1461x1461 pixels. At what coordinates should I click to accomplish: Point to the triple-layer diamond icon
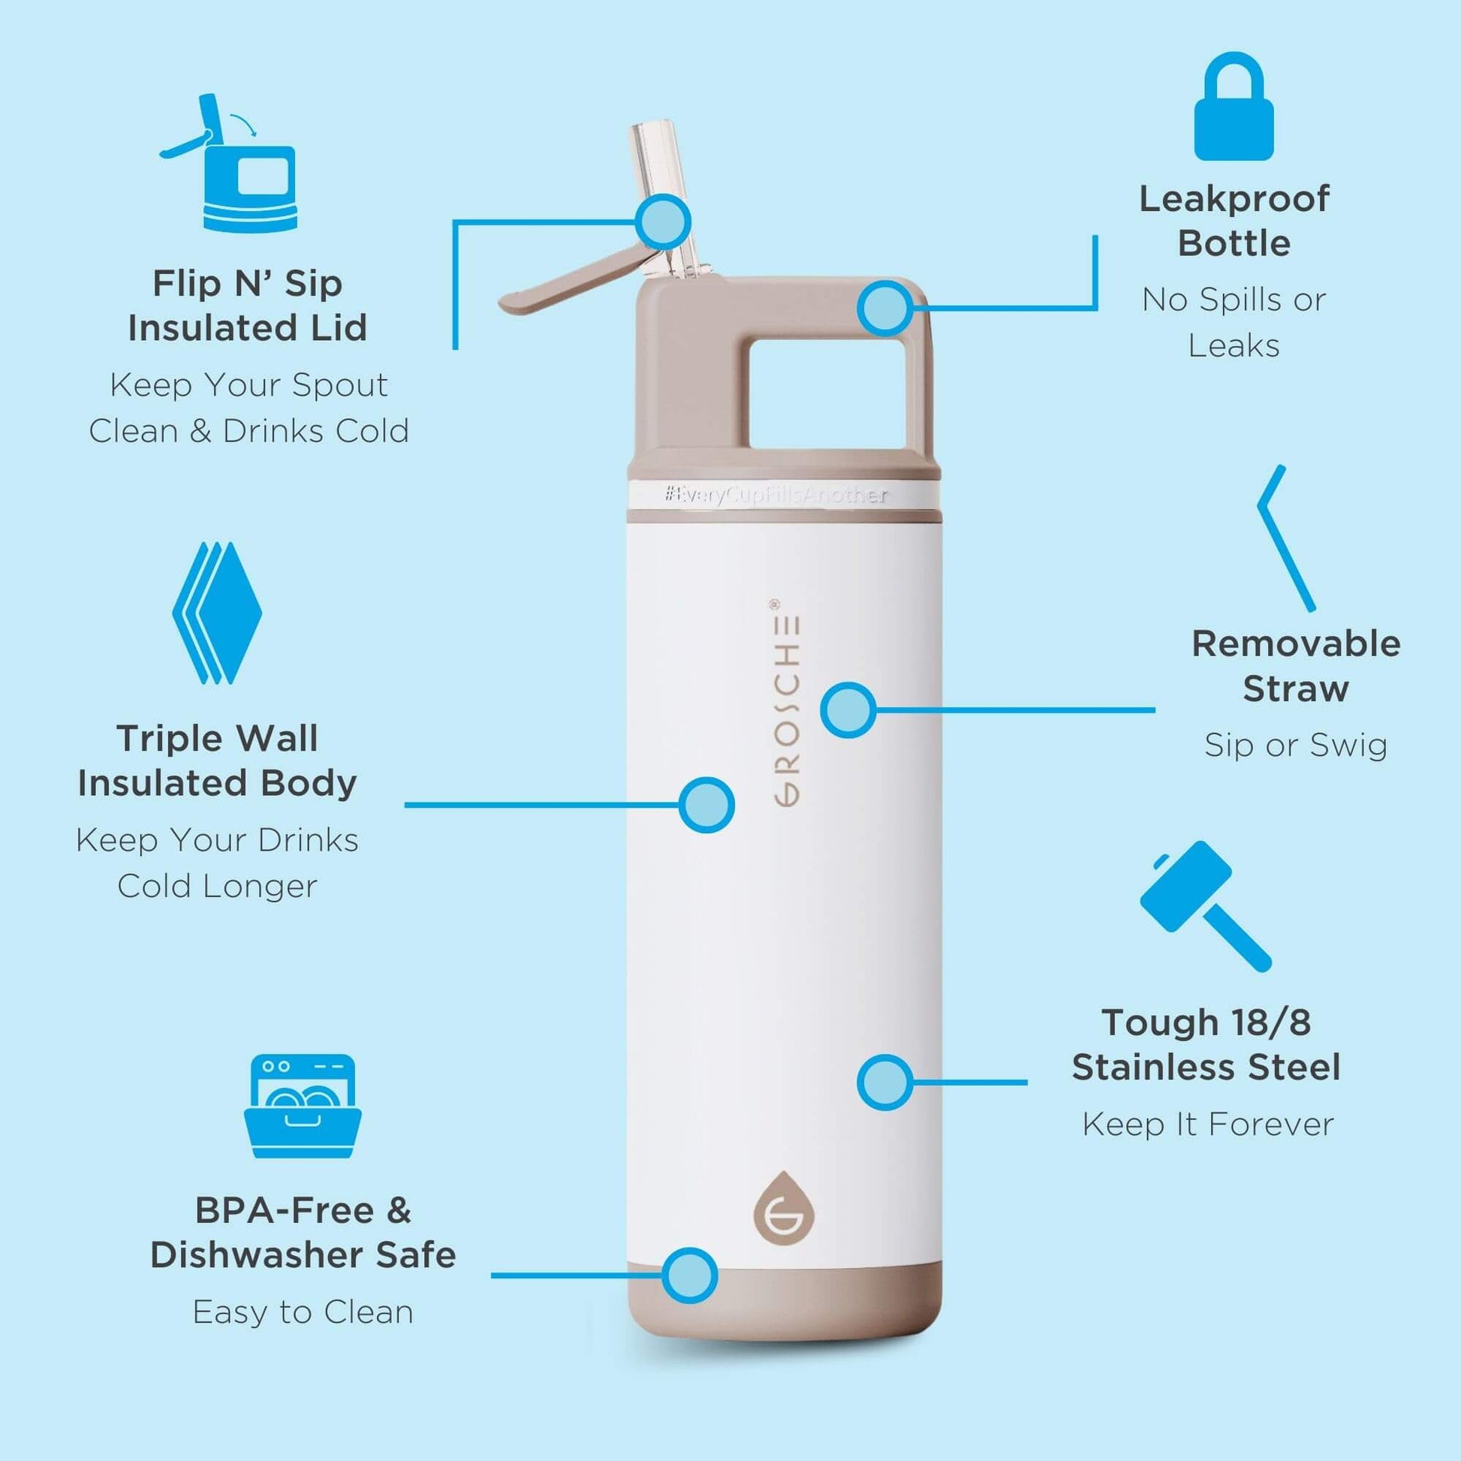coord(217,613)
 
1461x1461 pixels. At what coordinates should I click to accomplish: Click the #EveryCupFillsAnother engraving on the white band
coord(776,496)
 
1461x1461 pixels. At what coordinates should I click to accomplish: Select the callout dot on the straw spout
coord(663,221)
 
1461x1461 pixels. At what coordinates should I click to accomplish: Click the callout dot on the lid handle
coord(884,308)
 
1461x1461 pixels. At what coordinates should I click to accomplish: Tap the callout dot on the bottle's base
coord(690,1275)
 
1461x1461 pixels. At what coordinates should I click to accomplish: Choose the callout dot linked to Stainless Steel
coord(884,1082)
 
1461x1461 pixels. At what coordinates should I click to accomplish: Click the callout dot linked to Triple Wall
coord(706,805)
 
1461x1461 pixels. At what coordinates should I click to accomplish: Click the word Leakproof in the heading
coord(1234,200)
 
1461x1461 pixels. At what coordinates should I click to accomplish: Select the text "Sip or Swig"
coord(1295,746)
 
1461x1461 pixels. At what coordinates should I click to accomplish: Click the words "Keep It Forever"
coord(1208,1125)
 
